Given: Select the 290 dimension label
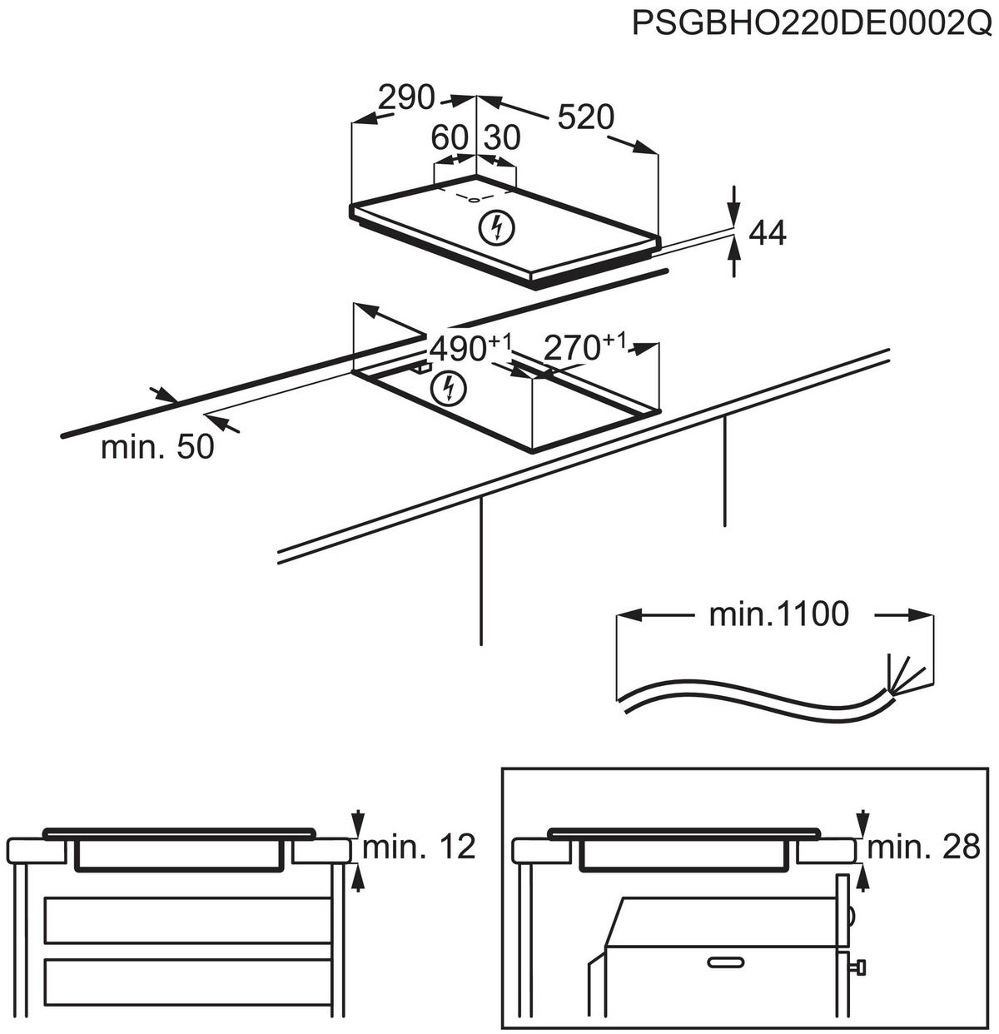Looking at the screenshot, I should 406,97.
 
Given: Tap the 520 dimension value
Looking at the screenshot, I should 585,117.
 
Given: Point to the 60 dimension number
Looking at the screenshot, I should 450,137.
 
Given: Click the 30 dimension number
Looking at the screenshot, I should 502,137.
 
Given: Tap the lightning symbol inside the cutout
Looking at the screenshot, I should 449,387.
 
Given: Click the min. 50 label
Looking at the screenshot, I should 157,447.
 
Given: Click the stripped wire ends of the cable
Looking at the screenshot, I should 904,674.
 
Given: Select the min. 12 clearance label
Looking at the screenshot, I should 419,848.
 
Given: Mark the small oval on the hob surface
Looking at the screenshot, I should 472,198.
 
